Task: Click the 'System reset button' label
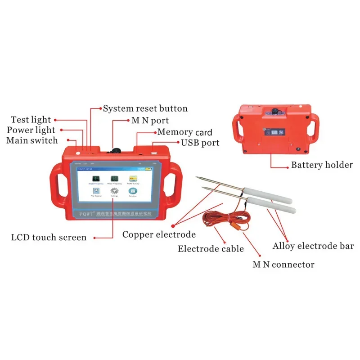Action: coord(145,108)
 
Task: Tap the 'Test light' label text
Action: coord(31,120)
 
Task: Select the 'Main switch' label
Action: coord(32,140)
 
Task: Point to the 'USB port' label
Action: coord(200,143)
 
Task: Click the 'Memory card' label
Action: coord(184,132)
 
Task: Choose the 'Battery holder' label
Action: coord(322,165)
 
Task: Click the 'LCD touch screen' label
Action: coord(49,237)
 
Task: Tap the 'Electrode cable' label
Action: coord(211,248)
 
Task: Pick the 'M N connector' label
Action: coord(283,264)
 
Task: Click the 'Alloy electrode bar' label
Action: coord(313,246)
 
